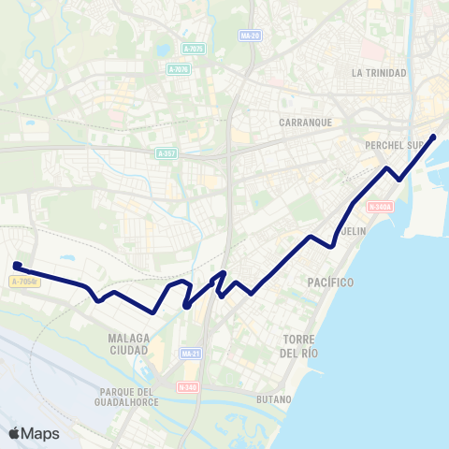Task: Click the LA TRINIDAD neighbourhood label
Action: coord(379,73)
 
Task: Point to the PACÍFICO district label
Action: coord(329,282)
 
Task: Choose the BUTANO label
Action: coord(274,399)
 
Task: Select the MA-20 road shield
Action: coord(249,36)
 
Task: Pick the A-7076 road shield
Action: coord(179,69)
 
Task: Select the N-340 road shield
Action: coord(186,386)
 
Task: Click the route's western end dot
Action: coord(17,265)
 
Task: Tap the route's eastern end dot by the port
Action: coord(432,138)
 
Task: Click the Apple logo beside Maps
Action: coord(14,433)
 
